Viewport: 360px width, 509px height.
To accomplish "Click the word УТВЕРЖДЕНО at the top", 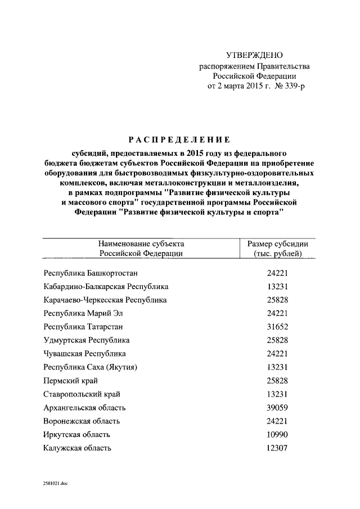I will click(x=254, y=55).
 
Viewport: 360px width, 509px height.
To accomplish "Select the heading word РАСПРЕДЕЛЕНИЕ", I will click(x=179, y=139).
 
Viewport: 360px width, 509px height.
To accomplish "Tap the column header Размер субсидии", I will click(x=278, y=244).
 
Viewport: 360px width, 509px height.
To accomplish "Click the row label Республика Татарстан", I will click(x=83, y=327).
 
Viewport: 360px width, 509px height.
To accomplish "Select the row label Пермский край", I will click(x=69, y=381).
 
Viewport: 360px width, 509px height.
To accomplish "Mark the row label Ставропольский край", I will click(x=82, y=394).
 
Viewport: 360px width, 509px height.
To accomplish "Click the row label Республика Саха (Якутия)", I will click(x=91, y=367).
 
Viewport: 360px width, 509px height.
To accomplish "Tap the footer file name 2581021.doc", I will click(x=55, y=483).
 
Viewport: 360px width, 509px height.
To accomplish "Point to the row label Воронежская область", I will click(x=82, y=421).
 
